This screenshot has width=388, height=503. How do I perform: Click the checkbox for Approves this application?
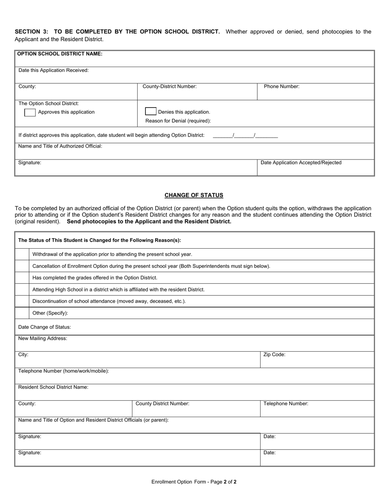pos(30,112)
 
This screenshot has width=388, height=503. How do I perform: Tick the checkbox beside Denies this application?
pos(151,111)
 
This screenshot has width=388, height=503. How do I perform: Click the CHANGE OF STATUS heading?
pos(194,195)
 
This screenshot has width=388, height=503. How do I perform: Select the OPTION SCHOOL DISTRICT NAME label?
pos(60,54)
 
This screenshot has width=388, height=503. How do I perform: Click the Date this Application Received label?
pos(54,70)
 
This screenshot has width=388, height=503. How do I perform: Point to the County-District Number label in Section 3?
pos(169,87)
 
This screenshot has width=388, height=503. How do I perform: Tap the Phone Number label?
pos(281,87)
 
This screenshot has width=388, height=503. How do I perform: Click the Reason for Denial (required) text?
pos(178,121)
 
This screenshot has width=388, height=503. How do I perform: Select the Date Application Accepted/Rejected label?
pos(301,163)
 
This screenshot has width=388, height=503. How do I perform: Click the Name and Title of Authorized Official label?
pos(60,146)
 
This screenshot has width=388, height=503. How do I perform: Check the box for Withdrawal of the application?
pos(22,254)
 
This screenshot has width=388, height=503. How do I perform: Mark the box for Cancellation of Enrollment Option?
pos(22,266)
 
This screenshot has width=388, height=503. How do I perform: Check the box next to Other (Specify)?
pos(22,313)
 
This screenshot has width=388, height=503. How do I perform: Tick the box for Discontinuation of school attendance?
pos(22,301)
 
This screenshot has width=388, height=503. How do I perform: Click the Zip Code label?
pos(274,355)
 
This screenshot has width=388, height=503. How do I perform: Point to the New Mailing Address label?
pos(42,339)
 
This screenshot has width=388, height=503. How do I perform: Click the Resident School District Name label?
pos(53,387)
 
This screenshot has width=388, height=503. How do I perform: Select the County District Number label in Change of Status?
pos(162,404)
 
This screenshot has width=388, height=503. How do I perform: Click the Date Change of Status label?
pos(45,327)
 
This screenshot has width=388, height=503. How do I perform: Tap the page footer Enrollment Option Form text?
pos(194,482)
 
